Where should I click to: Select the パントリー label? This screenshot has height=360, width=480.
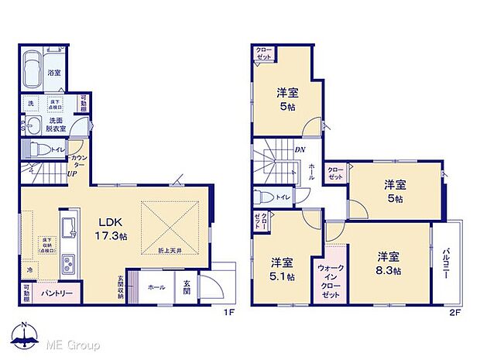tap(53, 293)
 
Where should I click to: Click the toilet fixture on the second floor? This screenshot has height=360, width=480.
tap(264, 197)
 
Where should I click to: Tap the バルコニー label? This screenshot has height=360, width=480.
tap(448, 263)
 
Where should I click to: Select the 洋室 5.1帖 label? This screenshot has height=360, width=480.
tap(282, 267)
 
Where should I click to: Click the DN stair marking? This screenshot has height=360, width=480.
tap(299, 150)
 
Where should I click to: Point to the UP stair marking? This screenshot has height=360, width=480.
tap(71, 173)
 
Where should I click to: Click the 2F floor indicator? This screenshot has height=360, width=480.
tap(455, 312)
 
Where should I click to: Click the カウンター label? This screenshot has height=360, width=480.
tap(78, 160)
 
